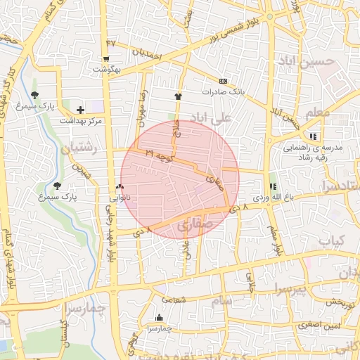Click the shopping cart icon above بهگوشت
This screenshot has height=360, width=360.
(x=106, y=59)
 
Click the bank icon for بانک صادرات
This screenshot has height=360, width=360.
(x=224, y=81)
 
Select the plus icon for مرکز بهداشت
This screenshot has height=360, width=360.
(x=81, y=110)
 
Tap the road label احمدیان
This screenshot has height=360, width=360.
(x=148, y=53)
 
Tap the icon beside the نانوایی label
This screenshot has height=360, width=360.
(x=118, y=187)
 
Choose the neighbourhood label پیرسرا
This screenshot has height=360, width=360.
(x=290, y=288)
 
